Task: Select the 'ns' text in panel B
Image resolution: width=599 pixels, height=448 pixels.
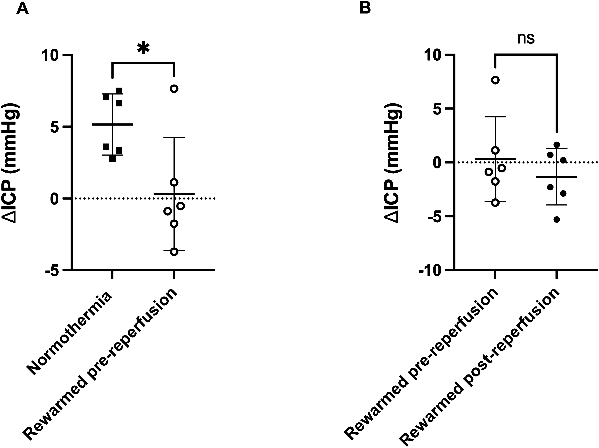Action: (x=526, y=38)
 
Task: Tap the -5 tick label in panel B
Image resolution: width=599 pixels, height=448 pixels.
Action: (x=434, y=216)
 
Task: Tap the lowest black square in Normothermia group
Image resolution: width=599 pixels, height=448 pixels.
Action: (x=112, y=159)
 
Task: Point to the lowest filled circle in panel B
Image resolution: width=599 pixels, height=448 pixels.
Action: (x=557, y=220)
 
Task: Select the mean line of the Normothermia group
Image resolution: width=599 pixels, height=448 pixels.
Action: (x=113, y=124)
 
